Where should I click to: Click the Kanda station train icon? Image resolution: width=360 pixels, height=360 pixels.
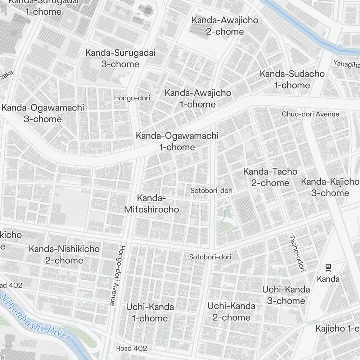tap(328, 267)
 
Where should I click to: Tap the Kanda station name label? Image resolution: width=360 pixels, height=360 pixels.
tap(328, 279)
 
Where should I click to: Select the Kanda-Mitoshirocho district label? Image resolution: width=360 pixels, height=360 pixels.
tap(151, 204)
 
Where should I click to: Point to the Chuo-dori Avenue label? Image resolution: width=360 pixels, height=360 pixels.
tap(310, 114)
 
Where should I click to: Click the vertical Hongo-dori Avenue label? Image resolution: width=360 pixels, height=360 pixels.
tap(116, 275)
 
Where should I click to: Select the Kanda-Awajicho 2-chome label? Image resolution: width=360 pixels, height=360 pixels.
tap(225, 26)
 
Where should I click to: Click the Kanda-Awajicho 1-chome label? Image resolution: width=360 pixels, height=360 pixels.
tap(198, 98)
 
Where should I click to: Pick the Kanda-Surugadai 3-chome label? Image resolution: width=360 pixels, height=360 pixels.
tap(120, 58)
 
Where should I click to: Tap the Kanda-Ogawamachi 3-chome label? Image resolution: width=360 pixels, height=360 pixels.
tap(42, 113)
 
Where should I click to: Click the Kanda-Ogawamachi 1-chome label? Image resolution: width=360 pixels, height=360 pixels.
tap(177, 141)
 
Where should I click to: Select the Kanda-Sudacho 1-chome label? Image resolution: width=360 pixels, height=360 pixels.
tap(292, 80)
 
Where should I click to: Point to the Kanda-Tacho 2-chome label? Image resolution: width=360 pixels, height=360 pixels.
tap(270, 177)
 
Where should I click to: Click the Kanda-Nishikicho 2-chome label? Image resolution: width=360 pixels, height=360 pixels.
tap(64, 254)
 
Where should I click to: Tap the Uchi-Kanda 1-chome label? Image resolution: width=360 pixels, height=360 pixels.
tap(150, 312)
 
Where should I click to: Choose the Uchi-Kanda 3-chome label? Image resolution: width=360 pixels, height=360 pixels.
tap(286, 295)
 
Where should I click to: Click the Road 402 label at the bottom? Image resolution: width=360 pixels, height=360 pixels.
tap(131, 348)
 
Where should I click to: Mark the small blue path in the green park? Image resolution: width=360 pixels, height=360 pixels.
tap(224, 216)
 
